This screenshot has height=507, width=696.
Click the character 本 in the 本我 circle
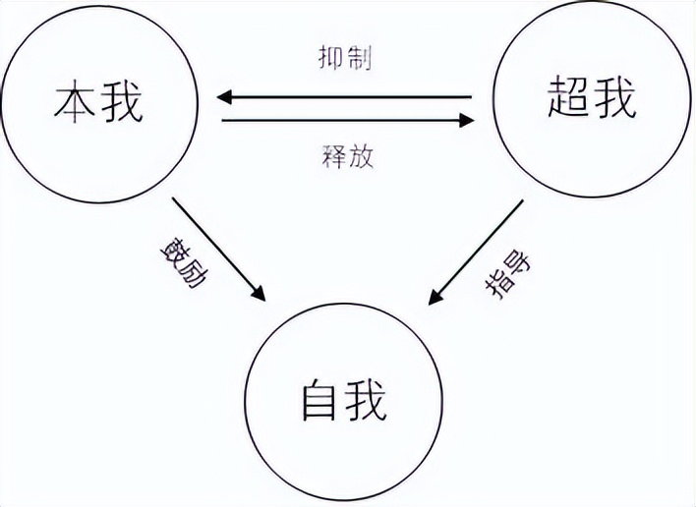pos(76,101)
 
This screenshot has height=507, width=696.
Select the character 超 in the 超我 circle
pos(567,98)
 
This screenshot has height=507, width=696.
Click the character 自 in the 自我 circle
pos(319,401)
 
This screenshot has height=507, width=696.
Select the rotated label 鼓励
pos(177,258)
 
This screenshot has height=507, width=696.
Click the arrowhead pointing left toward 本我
pos(225,97)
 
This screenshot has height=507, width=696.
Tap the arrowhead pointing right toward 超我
pos(465,121)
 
